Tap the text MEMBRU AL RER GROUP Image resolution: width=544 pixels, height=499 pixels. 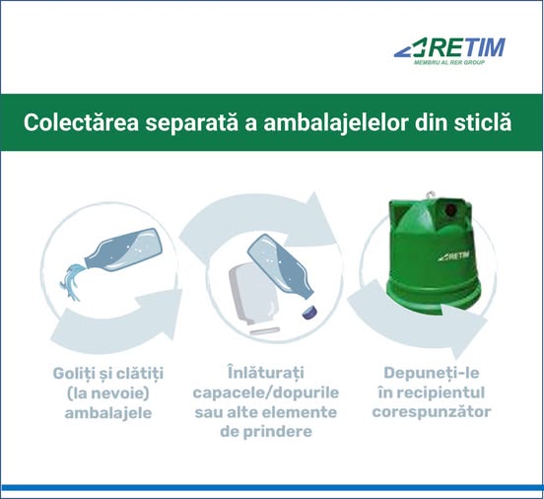pos(449,62)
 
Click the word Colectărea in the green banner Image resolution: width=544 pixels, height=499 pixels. pos(81,122)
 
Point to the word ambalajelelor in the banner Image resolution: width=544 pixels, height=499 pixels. pos(335,123)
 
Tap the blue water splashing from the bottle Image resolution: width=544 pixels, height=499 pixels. pos(72,282)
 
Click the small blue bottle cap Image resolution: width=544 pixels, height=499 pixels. pos(309,312)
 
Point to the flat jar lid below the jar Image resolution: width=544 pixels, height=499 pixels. pos(265,330)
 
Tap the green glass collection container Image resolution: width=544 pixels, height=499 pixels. pos(434,254)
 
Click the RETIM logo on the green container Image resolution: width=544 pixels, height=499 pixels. pos(453,256)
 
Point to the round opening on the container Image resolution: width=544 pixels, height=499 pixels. pos(450,209)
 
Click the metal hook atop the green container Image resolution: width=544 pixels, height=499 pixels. pos(430,194)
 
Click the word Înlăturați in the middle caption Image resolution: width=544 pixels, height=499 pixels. pos(266,373)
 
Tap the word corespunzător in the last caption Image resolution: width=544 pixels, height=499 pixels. pos(432,412)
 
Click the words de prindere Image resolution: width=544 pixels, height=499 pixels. pos(266,432)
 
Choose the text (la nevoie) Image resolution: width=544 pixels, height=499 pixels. pos(107,393)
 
